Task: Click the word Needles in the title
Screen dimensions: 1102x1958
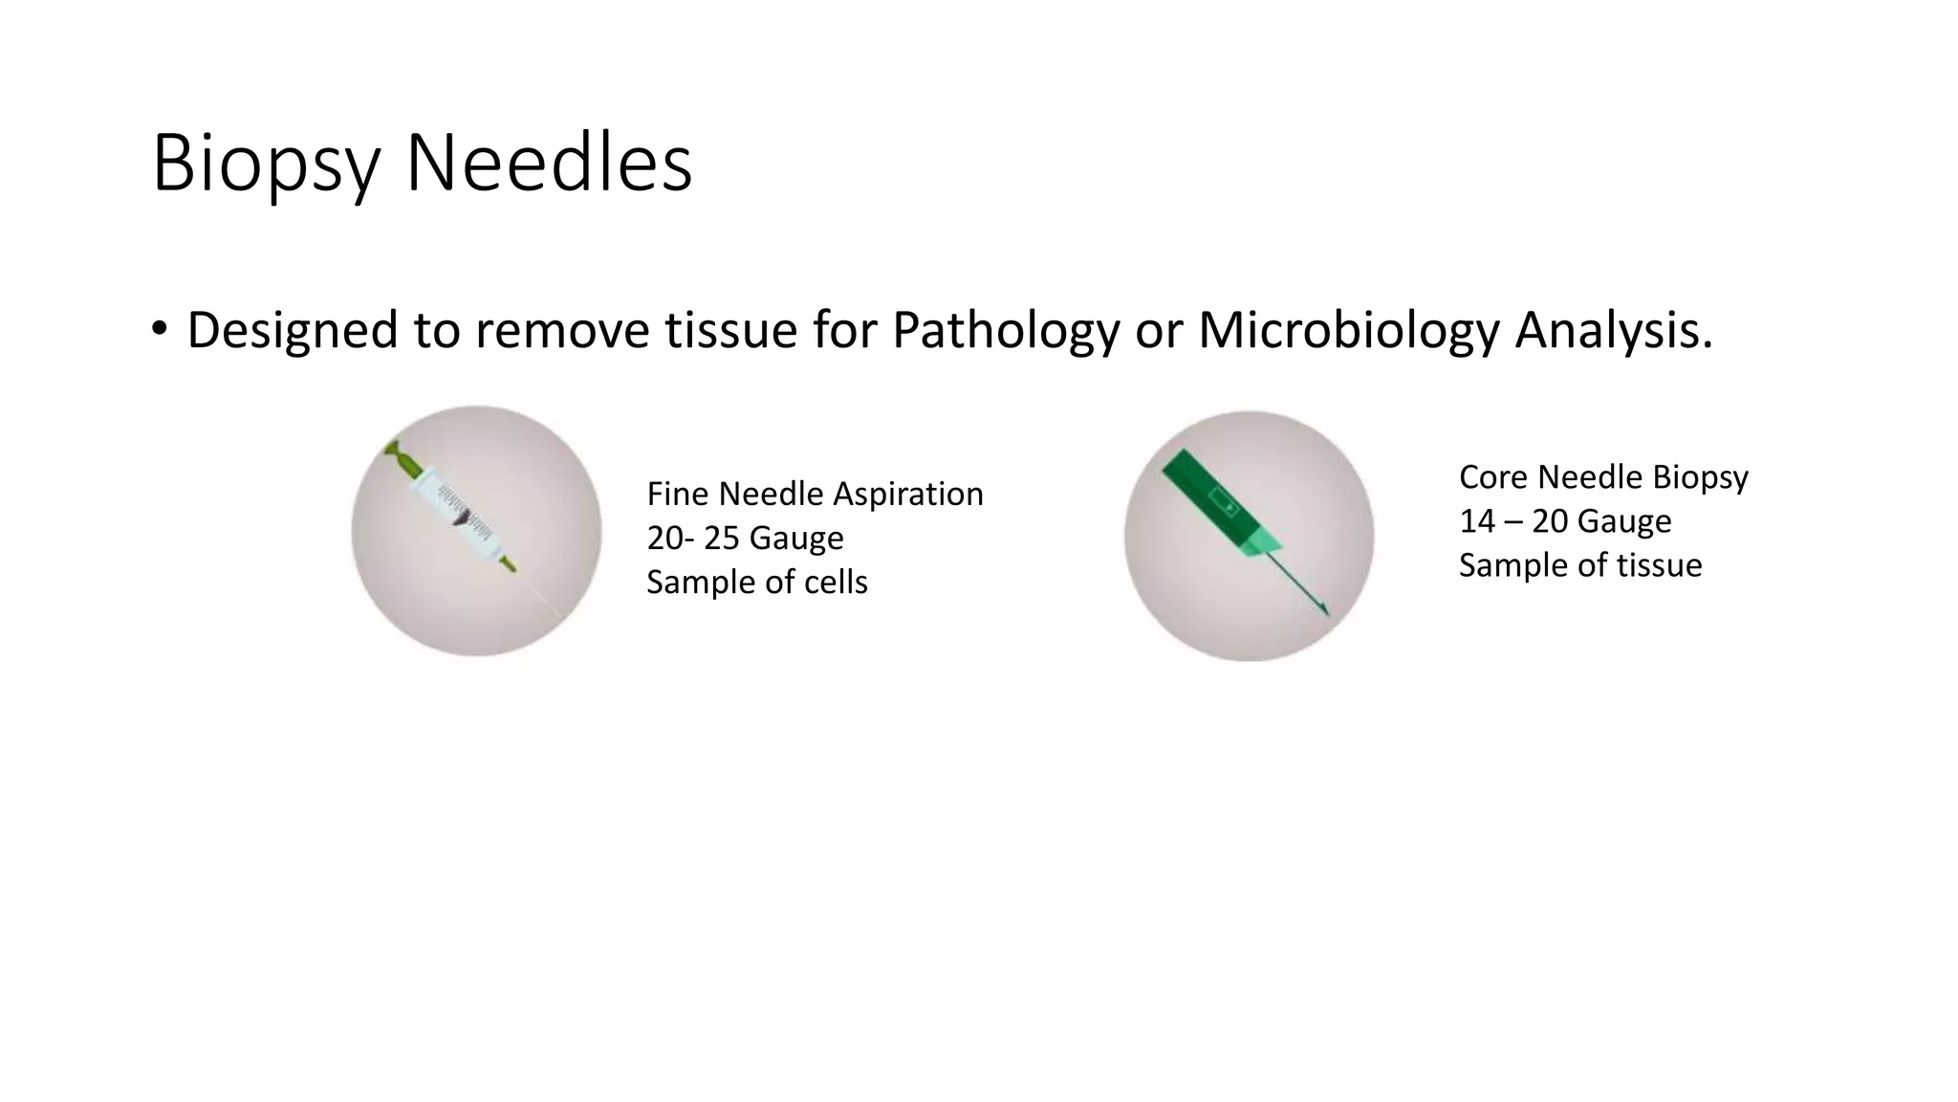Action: pyautogui.click(x=549, y=163)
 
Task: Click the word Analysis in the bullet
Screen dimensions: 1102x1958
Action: pyautogui.click(x=1613, y=331)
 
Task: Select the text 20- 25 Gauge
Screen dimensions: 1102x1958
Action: pyautogui.click(x=745, y=539)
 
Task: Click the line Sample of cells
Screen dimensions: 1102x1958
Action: pyautogui.click(x=756, y=583)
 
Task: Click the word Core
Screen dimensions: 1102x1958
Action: pyautogui.click(x=1494, y=477)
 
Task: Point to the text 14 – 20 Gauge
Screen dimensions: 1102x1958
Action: pyautogui.click(x=1565, y=521)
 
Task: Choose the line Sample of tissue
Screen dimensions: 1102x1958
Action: pyautogui.click(x=1580, y=565)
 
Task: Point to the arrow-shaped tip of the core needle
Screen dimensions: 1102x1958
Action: pyautogui.click(x=1321, y=606)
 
